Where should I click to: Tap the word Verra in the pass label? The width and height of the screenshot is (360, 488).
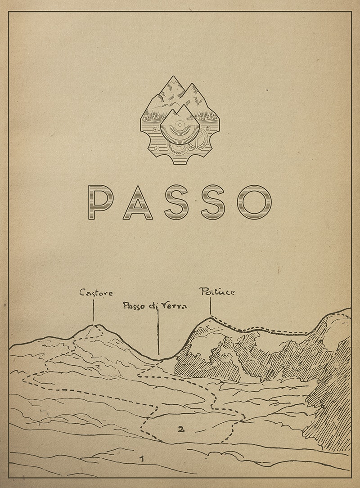pyautogui.click(x=173, y=306)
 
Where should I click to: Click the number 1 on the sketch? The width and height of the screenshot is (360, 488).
pyautogui.click(x=142, y=459)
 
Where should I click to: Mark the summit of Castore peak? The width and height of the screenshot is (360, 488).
pyautogui.click(x=94, y=325)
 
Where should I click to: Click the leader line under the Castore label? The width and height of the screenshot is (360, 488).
pyautogui.click(x=94, y=310)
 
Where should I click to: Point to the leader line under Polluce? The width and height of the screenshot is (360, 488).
pyautogui.click(x=210, y=307)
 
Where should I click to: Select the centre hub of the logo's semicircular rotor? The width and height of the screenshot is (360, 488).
pyautogui.click(x=180, y=125)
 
